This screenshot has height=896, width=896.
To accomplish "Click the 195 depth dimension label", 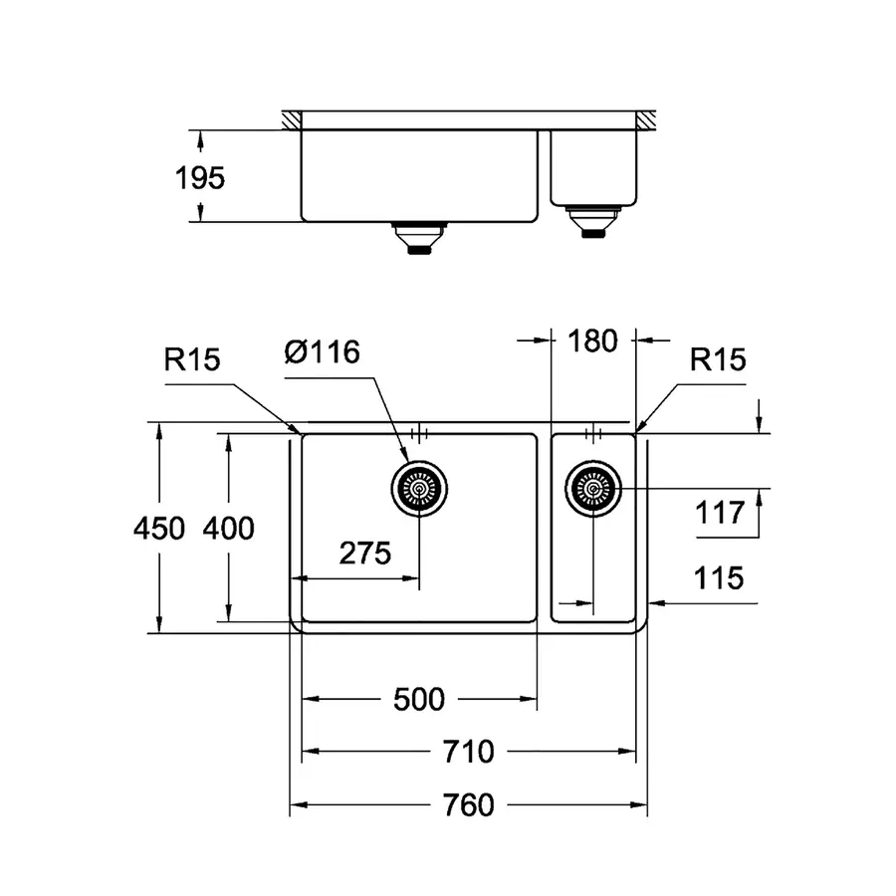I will [200, 178].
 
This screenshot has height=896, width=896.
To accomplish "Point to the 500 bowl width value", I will [418, 700].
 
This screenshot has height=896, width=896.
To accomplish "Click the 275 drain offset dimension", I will [364, 554].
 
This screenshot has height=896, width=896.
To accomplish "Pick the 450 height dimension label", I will [159, 528].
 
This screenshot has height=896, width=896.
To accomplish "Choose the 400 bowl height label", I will [228, 528].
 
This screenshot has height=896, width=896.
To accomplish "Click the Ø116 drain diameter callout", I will [321, 352].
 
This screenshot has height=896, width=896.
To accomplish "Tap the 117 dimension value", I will [722, 513].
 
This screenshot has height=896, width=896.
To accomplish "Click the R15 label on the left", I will [191, 360].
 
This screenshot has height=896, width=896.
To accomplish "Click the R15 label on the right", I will [718, 359].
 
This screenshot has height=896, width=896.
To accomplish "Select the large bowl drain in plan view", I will [419, 489].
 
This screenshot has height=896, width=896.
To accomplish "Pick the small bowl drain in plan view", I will [593, 489].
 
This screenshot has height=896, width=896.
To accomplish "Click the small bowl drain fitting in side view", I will [592, 220].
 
